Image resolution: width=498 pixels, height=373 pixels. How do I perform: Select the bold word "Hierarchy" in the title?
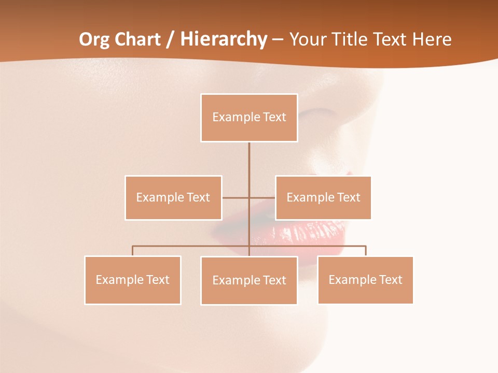[223, 39]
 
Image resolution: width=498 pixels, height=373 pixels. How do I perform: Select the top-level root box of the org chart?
[249, 118]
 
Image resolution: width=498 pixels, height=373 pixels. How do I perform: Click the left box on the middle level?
[173, 197]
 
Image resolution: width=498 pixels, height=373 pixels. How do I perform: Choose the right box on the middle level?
[323, 197]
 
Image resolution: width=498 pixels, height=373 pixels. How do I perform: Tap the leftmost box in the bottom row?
[132, 280]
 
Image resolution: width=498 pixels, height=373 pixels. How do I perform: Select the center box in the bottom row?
[249, 280]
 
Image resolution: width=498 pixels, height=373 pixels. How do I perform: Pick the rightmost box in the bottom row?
[365, 280]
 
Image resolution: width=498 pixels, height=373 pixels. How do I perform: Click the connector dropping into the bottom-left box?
[132, 251]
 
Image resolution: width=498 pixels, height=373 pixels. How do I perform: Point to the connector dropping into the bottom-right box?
[365, 251]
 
